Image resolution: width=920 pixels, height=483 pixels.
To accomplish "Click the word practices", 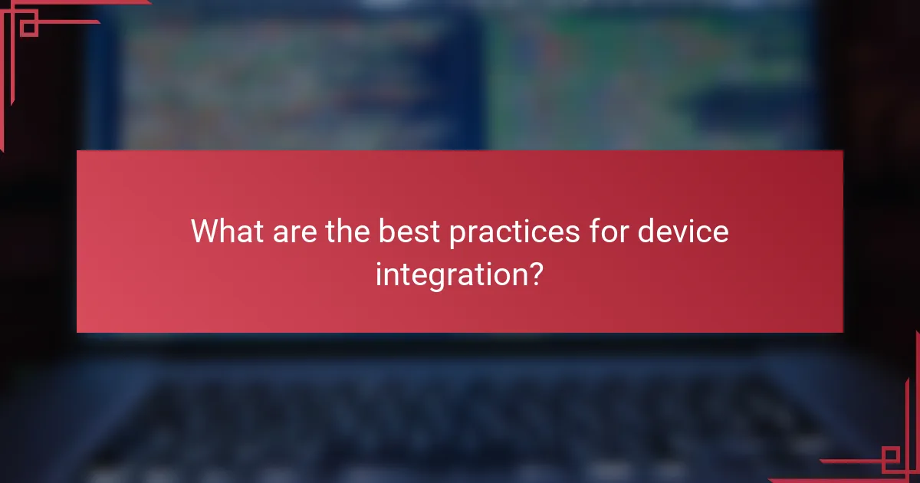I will pos(514,231).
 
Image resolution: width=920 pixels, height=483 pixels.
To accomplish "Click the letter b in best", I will pos(385,231).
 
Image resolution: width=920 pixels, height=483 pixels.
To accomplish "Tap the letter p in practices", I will pos(457,234).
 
